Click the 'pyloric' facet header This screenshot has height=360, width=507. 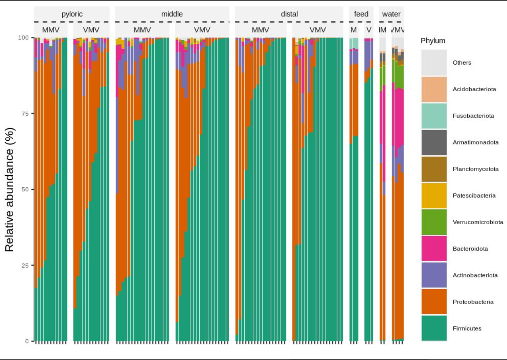pos(72,14)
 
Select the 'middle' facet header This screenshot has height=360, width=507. pos(172,14)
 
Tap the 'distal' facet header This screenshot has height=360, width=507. pos(289,14)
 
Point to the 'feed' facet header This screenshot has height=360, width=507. pos(361,14)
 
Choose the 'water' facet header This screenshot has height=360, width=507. pos(391,14)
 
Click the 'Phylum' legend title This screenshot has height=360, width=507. pos(433,41)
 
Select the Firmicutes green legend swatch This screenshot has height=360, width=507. pos(434,328)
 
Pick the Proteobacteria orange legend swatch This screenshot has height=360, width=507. pos(434,301)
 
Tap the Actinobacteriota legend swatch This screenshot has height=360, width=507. pos(434,275)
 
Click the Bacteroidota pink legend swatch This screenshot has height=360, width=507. pos(434,248)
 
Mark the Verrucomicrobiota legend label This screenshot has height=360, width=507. pos(478,222)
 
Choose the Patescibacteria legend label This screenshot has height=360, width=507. pos(474,196)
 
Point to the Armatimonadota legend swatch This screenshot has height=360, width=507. pos(434,142)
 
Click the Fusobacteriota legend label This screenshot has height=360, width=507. pos(473,116)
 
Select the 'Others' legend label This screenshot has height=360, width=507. pos(462,63)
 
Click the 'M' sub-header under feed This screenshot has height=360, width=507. pos(354,30)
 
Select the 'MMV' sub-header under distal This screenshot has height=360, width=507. pos(260,30)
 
